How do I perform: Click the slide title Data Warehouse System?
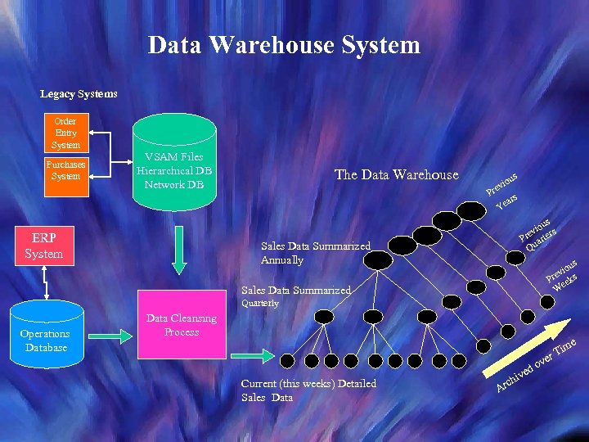click(284, 44)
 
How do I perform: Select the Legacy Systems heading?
click(79, 94)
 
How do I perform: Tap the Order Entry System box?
click(65, 133)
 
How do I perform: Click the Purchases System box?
click(65, 170)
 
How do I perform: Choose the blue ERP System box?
click(43, 246)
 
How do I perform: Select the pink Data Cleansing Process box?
click(181, 325)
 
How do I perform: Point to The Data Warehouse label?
click(397, 174)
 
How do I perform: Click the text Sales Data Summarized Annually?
click(315, 253)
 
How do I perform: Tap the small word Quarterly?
click(259, 303)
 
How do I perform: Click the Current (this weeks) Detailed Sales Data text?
click(308, 390)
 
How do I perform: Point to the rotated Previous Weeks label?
click(564, 276)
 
